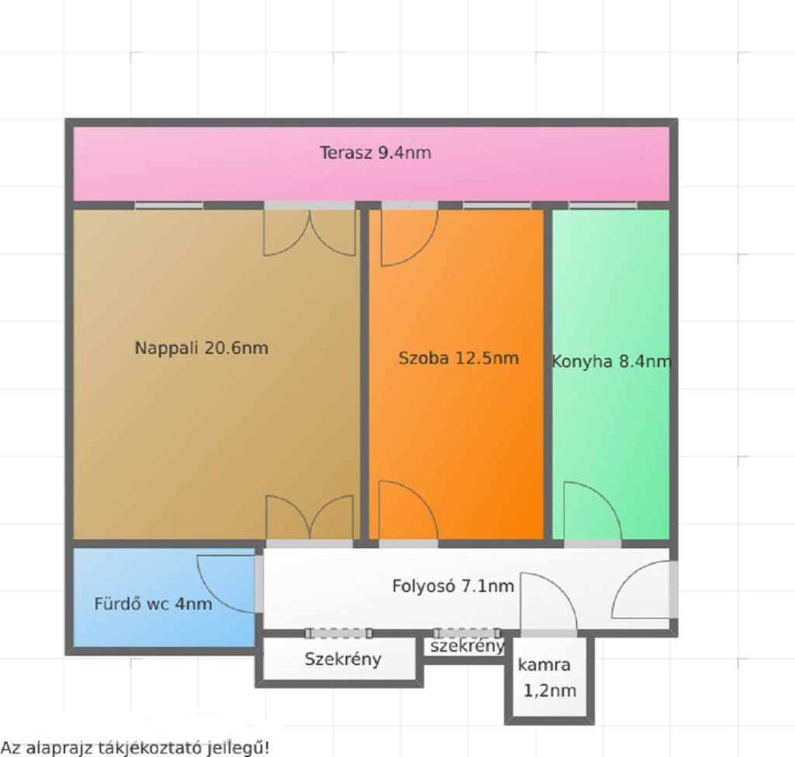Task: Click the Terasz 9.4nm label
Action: (375, 153)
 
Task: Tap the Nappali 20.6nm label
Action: (201, 348)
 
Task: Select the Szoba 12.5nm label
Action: (458, 358)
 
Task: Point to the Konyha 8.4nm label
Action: (611, 362)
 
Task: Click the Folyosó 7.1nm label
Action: (453, 585)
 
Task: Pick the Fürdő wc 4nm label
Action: (153, 603)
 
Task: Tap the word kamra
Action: (544, 665)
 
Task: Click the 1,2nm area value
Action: (550, 690)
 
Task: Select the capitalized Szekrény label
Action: (342, 659)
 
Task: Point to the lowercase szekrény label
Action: (467, 646)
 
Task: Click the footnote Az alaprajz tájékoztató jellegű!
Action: (135, 748)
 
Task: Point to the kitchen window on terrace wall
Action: (602, 205)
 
